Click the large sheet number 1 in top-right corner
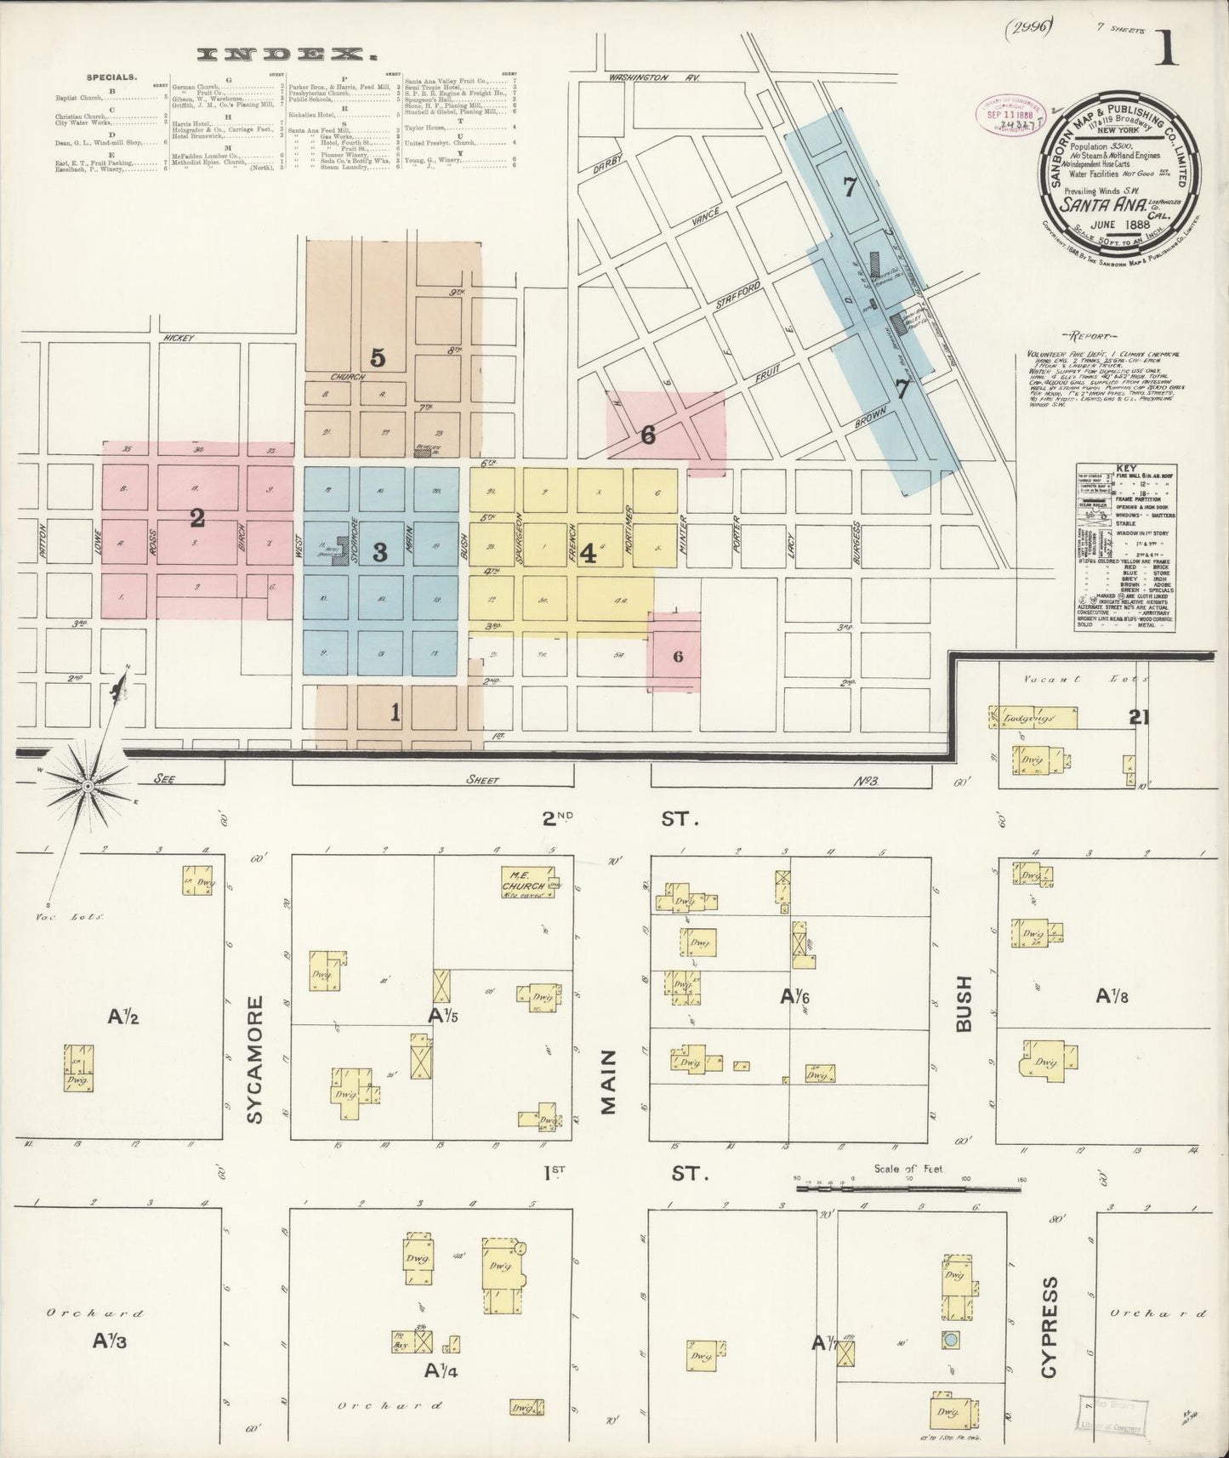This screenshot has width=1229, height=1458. [x=1167, y=51]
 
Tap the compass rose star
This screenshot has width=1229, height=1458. [x=87, y=784]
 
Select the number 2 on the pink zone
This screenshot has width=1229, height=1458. [x=197, y=516]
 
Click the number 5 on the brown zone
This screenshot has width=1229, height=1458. [x=378, y=358]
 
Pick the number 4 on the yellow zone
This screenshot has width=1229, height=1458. [x=588, y=553]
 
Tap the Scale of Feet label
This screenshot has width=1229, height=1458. [x=908, y=1170]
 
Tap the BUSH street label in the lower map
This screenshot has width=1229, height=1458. [x=964, y=1004]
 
